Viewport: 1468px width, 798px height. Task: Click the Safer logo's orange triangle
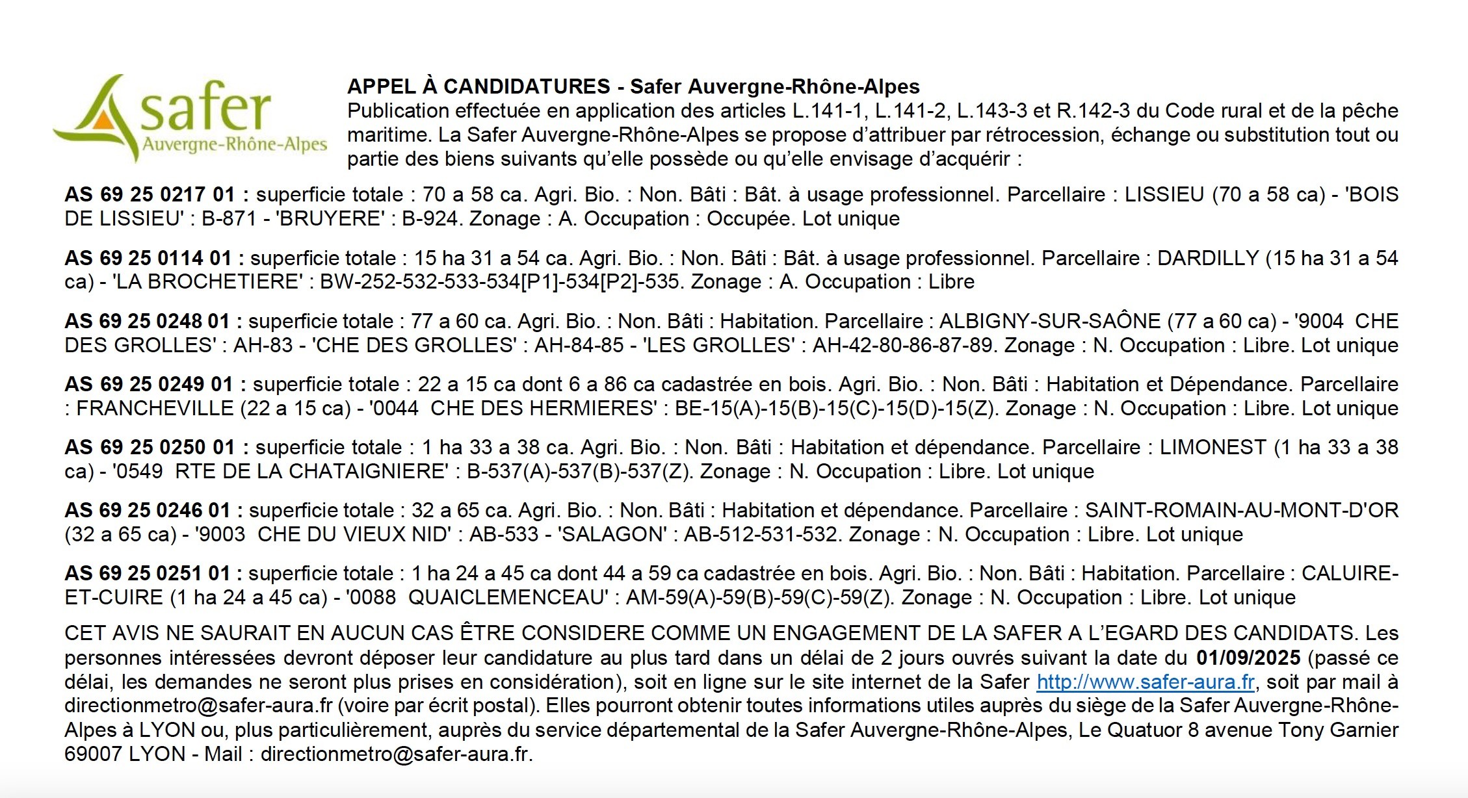pyautogui.click(x=101, y=120)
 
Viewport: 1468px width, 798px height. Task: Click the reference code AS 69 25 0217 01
pyautogui.click(x=149, y=194)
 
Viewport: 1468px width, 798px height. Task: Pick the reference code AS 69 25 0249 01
pyautogui.click(x=149, y=384)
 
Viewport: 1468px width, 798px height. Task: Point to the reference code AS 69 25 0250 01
pyautogui.click(x=150, y=447)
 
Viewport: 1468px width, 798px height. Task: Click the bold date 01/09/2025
pyautogui.click(x=1248, y=658)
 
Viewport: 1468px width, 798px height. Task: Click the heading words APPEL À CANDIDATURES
pyautogui.click(x=478, y=86)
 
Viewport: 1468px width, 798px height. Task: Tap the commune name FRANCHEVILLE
pyautogui.click(x=155, y=408)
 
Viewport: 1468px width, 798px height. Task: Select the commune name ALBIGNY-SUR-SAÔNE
pyautogui.click(x=1049, y=321)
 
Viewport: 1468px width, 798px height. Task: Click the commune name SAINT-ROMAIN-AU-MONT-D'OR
pyautogui.click(x=1241, y=510)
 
